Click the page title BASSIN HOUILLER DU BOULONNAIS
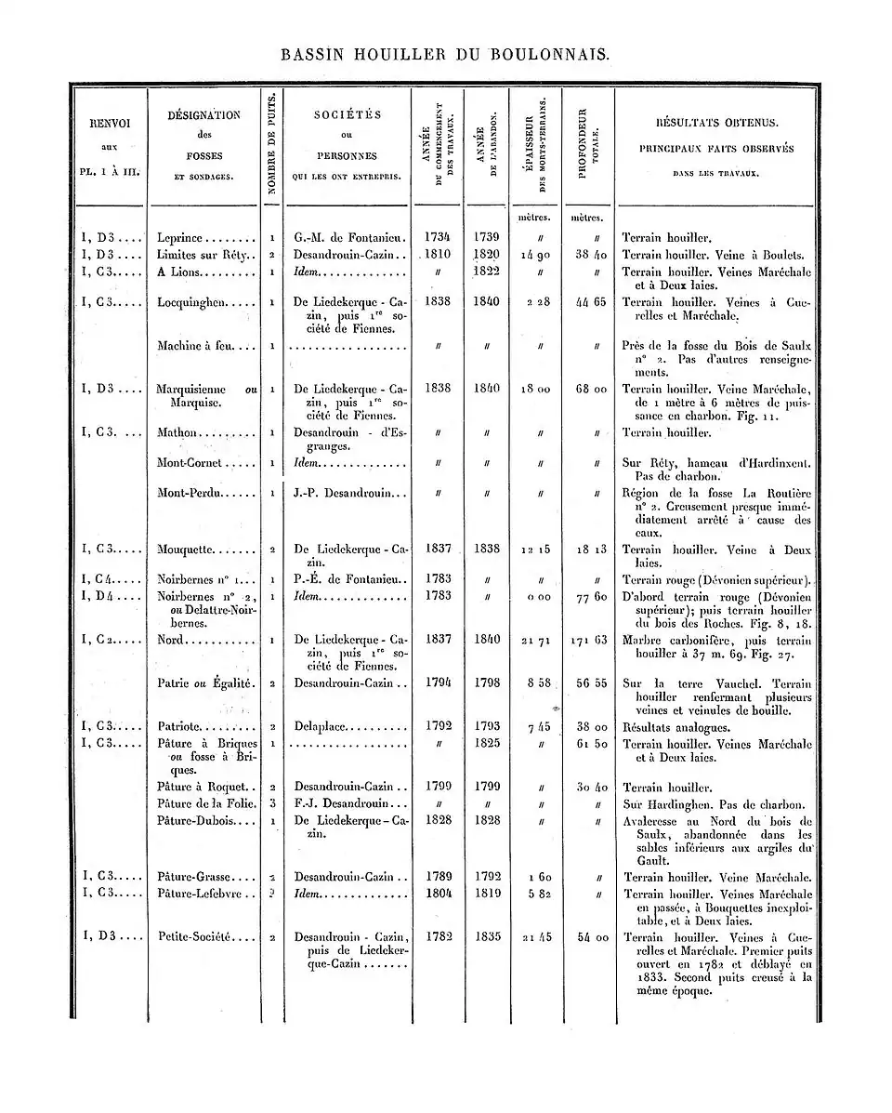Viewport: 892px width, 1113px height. click(x=446, y=55)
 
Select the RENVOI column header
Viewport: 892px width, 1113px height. click(x=110, y=122)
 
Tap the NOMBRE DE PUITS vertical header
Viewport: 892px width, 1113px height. click(x=270, y=144)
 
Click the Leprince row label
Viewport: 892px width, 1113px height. click(x=187, y=238)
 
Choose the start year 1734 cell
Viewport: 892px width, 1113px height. click(x=438, y=237)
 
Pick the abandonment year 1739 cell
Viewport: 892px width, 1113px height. click(x=487, y=237)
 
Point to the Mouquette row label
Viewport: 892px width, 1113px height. click(x=187, y=550)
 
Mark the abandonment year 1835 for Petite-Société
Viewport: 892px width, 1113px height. click(x=487, y=937)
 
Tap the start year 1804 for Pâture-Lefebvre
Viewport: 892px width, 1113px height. click(x=438, y=894)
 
